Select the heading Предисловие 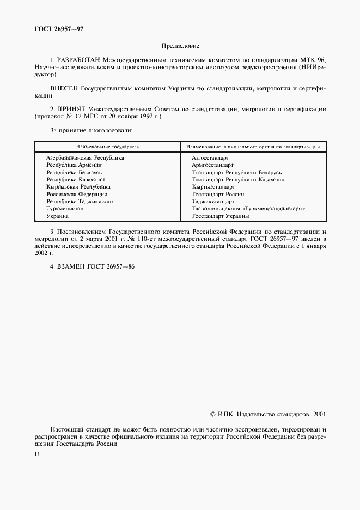coord(180,47)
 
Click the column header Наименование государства coord(108,147)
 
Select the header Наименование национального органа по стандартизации coord(253,147)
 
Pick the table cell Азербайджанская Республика coord(85,157)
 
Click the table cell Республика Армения coord(74,165)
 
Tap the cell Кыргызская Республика coord(78,187)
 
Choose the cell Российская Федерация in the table coord(77,194)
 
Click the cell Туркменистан coord(65,209)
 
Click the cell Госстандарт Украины coord(221,216)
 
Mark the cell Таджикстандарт coord(213,202)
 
